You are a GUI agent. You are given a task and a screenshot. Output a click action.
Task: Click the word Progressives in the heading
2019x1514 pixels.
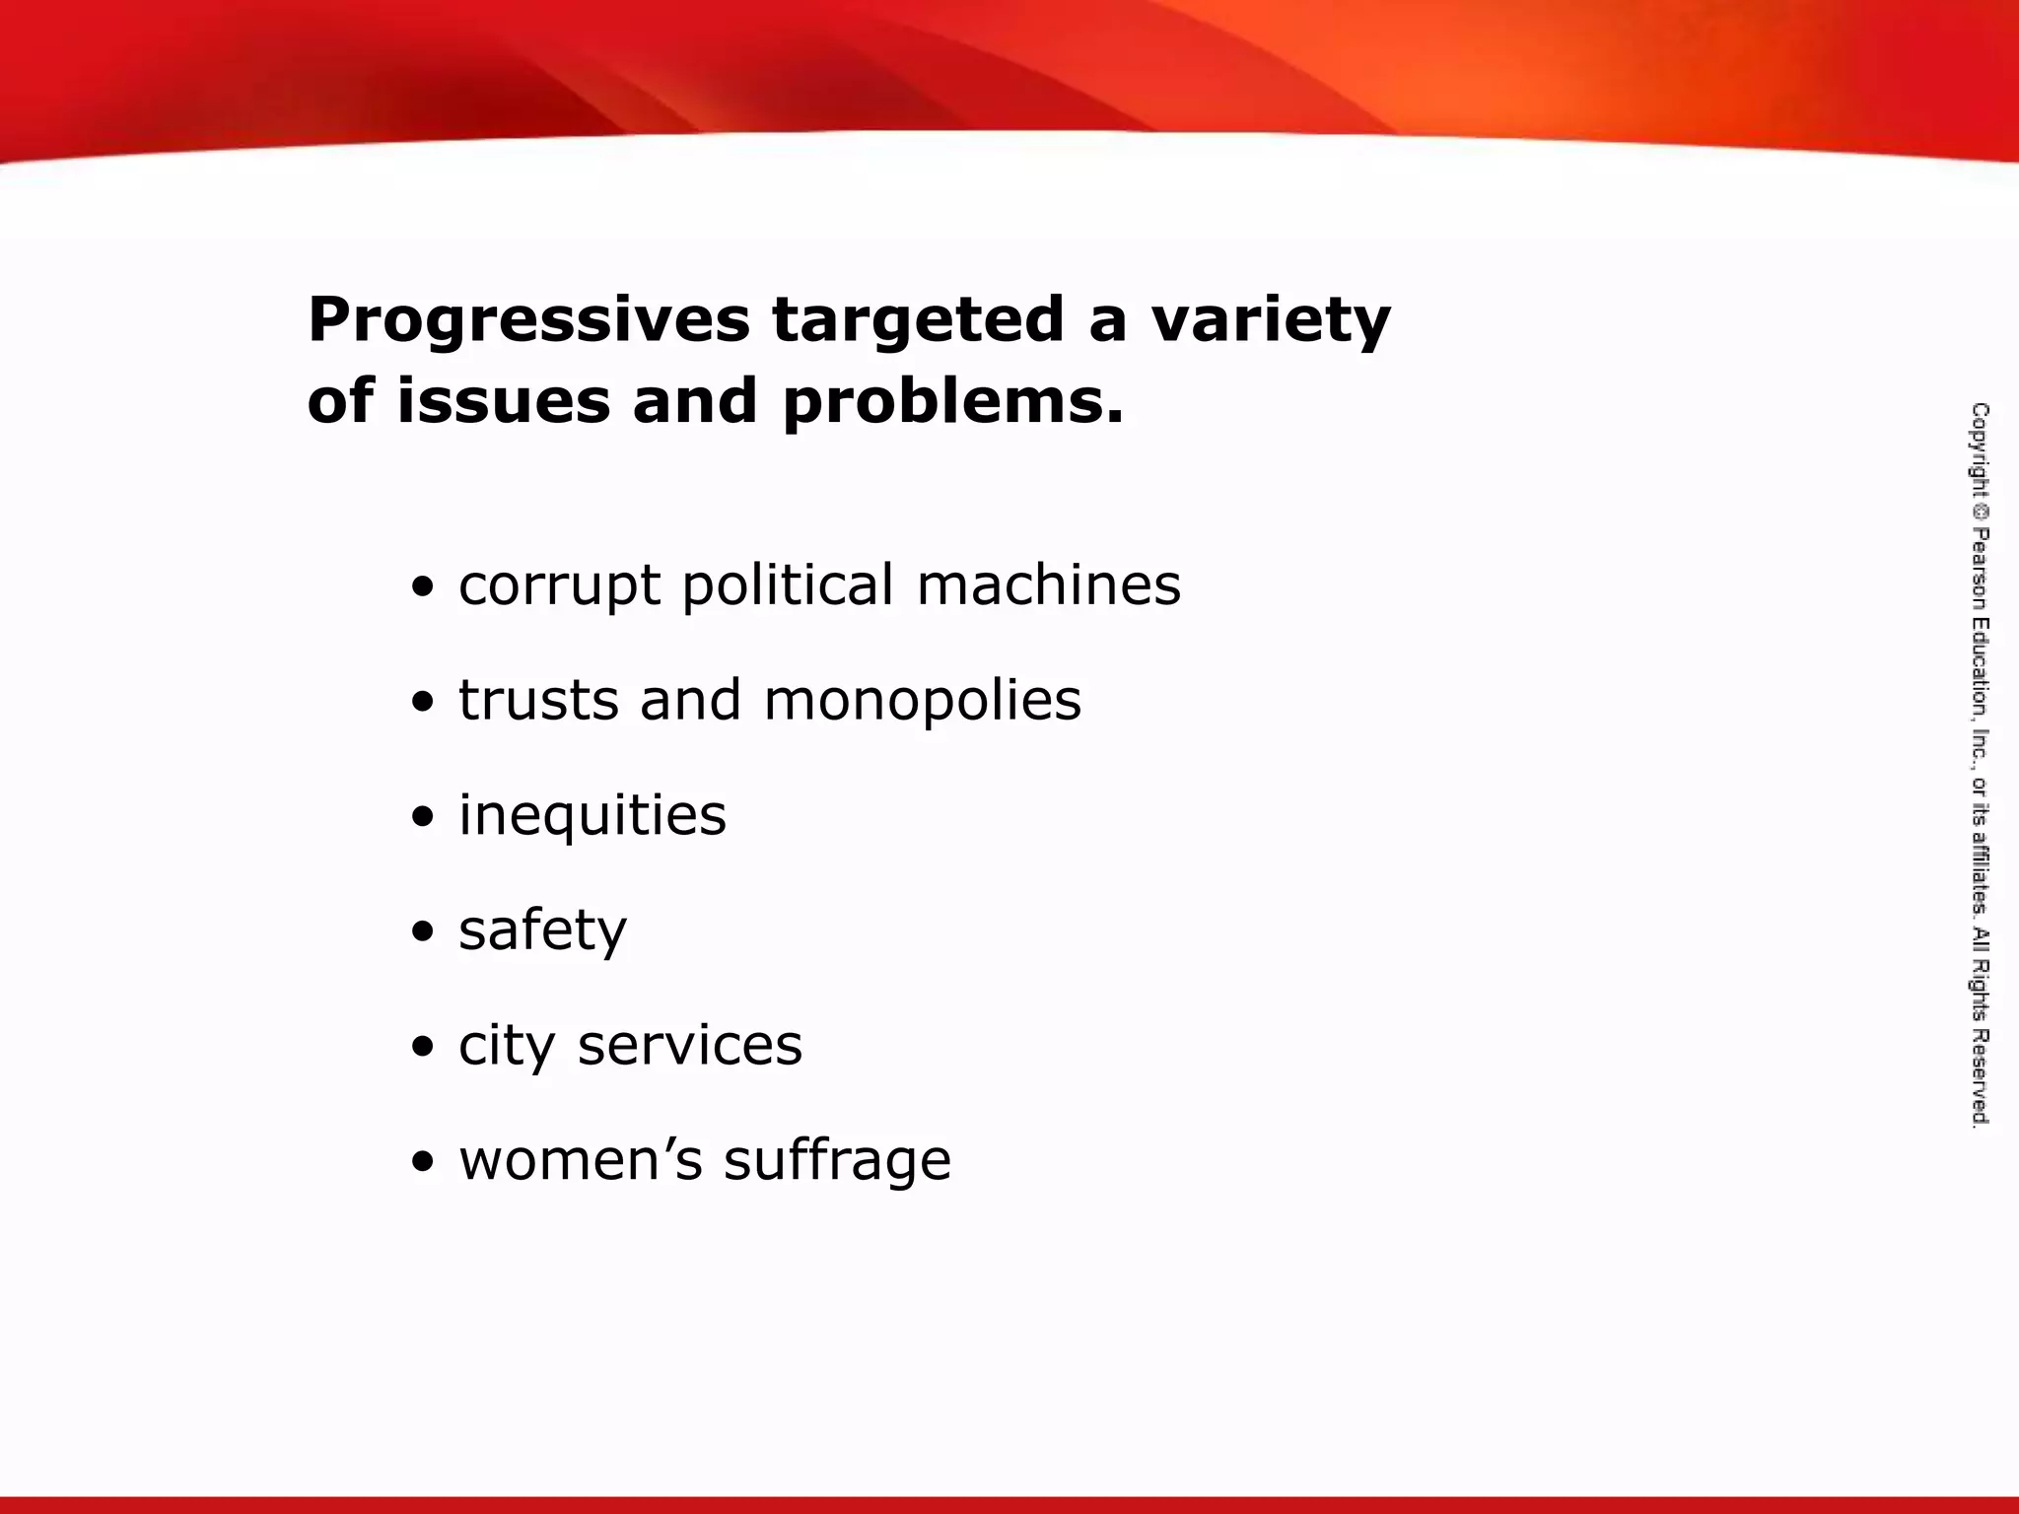[x=528, y=321]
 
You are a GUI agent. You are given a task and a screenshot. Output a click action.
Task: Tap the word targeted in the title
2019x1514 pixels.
[x=918, y=321]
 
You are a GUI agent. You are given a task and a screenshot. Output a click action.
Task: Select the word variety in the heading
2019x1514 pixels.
[x=1271, y=321]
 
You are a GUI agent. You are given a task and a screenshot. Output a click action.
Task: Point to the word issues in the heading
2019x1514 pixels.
[x=503, y=402]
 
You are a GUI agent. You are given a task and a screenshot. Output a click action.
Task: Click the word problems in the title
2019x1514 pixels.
[x=952, y=402]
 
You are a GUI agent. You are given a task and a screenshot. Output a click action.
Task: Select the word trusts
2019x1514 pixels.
[x=538, y=700]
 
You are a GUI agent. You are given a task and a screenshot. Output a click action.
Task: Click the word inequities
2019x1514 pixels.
[x=592, y=816]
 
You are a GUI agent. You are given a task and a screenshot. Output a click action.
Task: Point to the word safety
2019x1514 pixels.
[x=542, y=930]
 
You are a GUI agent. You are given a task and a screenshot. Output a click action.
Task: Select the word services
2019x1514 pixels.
[x=690, y=1045]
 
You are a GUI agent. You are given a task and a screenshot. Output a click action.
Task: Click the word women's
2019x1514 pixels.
[x=581, y=1159]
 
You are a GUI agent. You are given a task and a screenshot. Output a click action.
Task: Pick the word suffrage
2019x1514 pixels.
[x=838, y=1160]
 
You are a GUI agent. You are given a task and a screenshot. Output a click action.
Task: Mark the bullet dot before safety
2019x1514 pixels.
[x=423, y=932]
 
